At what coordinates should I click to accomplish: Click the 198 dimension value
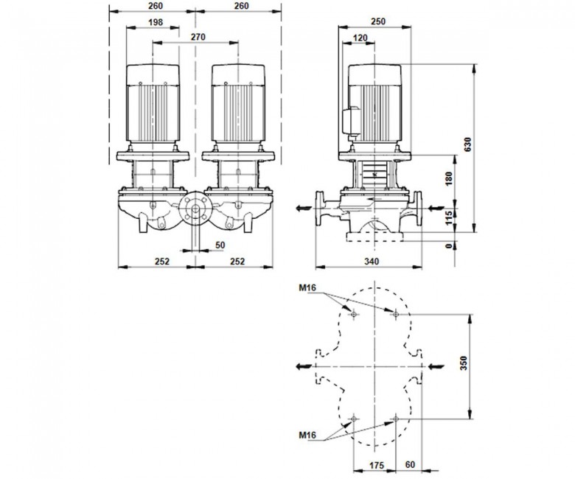(156, 22)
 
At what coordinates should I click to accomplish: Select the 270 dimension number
(198, 37)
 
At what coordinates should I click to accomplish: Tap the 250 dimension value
(378, 21)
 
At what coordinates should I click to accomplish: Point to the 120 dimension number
(360, 38)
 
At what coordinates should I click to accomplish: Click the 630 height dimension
(467, 144)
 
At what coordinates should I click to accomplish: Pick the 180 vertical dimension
(449, 178)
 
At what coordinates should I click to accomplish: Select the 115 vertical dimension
(449, 218)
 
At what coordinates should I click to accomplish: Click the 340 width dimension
(372, 262)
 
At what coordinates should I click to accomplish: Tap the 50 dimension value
(220, 245)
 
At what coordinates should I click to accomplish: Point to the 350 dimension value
(464, 363)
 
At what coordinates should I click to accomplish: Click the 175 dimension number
(376, 466)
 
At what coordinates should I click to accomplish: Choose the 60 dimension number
(411, 465)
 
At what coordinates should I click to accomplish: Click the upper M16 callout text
(307, 288)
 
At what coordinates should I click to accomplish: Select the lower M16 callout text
(307, 435)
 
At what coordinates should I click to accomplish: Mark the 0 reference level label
(449, 246)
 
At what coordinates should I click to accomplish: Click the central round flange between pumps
(195, 209)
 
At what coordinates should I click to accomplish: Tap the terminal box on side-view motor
(351, 121)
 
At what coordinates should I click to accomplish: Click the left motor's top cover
(153, 75)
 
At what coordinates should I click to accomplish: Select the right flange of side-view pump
(418, 209)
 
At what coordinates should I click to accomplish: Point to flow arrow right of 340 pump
(436, 208)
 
